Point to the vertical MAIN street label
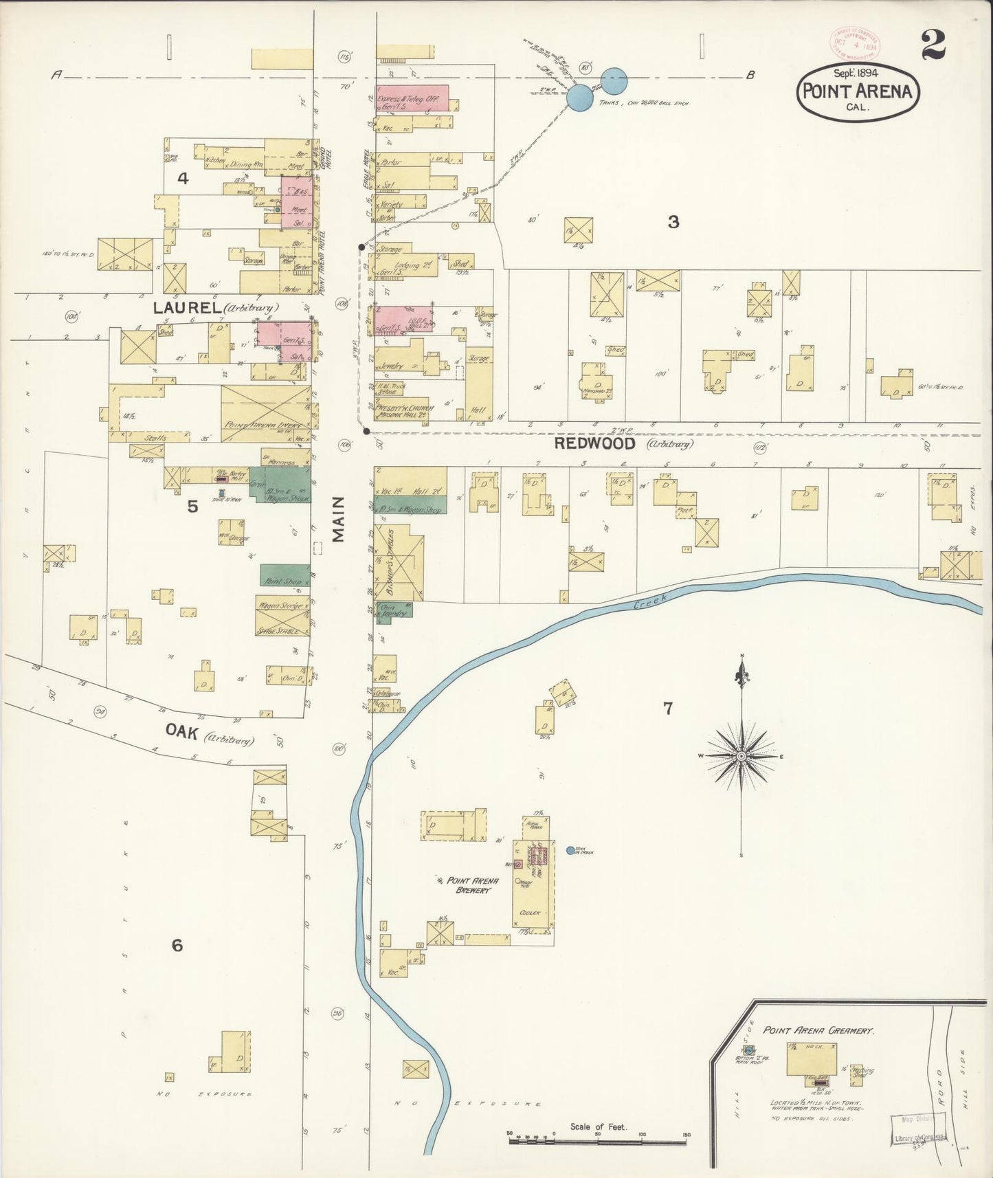click(x=338, y=520)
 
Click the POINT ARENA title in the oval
click(x=858, y=91)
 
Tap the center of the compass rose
click(x=741, y=756)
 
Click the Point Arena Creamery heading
click(x=818, y=1030)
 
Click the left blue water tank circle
click(x=580, y=98)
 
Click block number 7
click(x=667, y=708)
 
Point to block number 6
click(x=177, y=946)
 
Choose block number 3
click(x=673, y=221)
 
